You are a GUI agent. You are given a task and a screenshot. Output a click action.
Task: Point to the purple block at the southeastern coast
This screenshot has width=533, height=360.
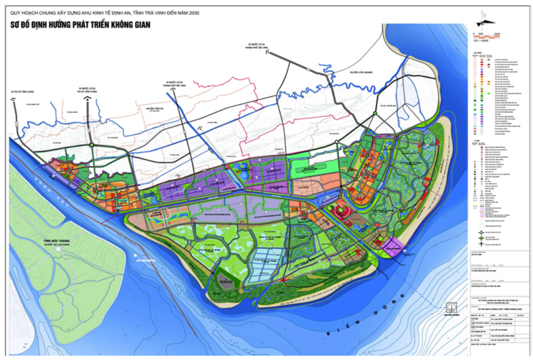point(393,247)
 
